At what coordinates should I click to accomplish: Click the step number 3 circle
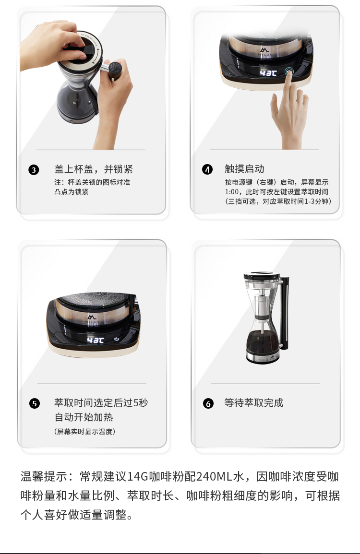point(34,170)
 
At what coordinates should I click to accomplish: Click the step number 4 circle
point(207,170)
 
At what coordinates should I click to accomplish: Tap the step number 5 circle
point(34,403)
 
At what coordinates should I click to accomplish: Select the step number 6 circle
point(208,403)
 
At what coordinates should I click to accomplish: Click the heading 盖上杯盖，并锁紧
point(93,169)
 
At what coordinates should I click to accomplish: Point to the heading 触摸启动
point(244,169)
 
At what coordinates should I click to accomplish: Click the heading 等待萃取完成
point(253,403)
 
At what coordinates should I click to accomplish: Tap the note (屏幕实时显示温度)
point(84,431)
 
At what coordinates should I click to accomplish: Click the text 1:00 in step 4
point(232,192)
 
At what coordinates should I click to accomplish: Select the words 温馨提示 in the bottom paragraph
point(44,476)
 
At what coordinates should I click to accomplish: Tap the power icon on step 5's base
point(117,339)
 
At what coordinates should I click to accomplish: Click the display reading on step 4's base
point(268,73)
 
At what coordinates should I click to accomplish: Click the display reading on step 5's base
point(96,340)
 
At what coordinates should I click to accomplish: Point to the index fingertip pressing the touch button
point(289,74)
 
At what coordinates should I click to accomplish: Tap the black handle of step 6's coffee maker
point(285,311)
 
